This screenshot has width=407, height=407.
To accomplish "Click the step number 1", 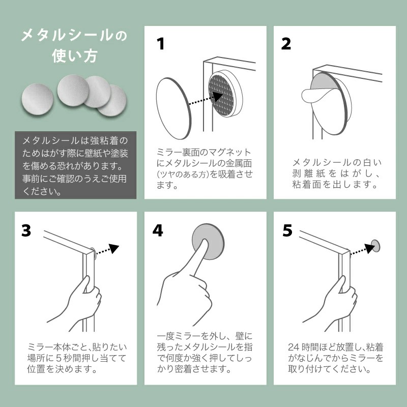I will point(161,44).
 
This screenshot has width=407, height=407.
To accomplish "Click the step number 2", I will point(286,44).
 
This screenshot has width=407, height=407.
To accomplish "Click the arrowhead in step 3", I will point(113,248).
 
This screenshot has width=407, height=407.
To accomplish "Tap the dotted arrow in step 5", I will point(362,249).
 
